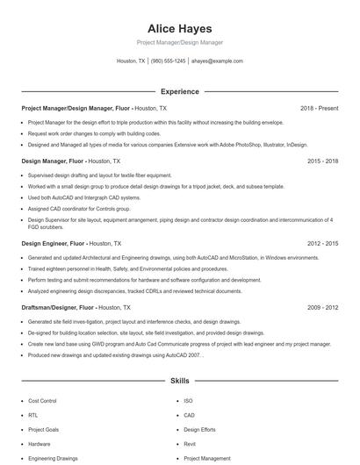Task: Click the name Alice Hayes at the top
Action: (179, 28)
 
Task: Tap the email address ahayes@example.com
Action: (217, 61)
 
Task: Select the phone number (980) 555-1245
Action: (168, 61)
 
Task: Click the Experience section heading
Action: (179, 91)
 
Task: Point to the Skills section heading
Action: (179, 383)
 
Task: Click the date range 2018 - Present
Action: (319, 108)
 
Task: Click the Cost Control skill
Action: (43, 400)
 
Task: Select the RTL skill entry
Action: (33, 415)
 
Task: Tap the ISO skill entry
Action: (188, 400)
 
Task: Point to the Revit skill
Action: (191, 444)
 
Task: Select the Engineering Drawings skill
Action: (53, 458)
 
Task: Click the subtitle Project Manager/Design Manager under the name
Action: (179, 42)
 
